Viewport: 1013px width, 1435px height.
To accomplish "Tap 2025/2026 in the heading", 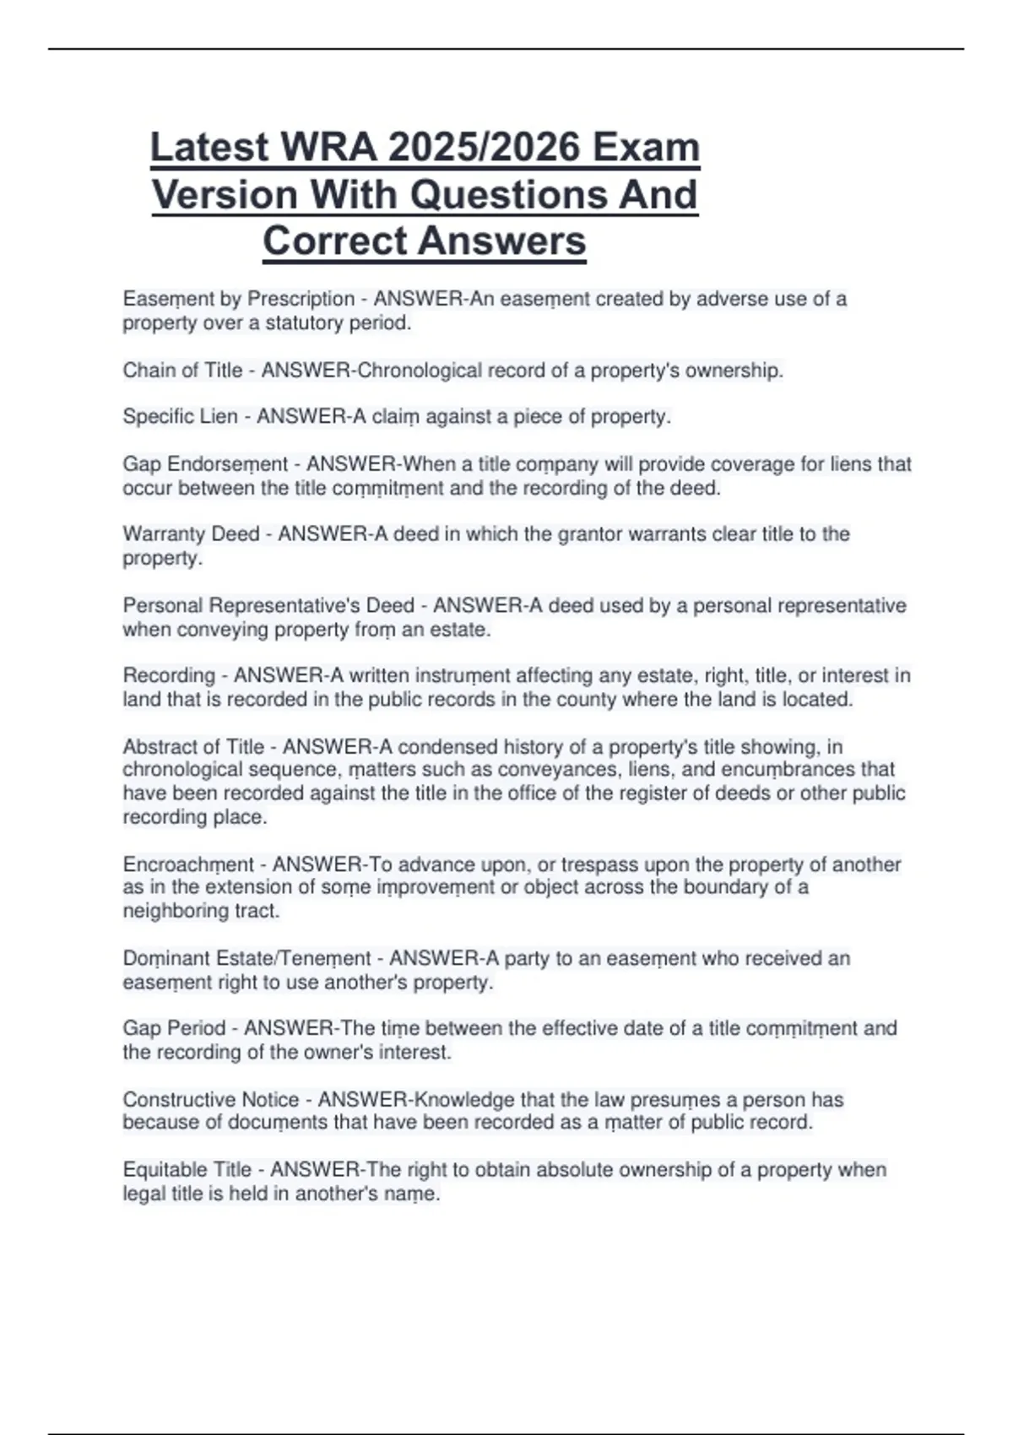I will (x=485, y=148).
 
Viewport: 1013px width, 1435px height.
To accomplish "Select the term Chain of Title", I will (x=182, y=371).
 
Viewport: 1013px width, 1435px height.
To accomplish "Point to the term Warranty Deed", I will (x=191, y=534).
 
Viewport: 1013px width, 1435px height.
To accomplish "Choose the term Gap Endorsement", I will (x=205, y=464).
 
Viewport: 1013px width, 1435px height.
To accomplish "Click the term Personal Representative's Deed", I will (x=268, y=606).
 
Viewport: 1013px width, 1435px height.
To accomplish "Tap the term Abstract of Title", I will (x=193, y=747).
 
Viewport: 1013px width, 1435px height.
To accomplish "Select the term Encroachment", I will (x=188, y=864).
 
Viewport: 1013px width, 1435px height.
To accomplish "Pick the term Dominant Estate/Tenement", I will (x=246, y=959).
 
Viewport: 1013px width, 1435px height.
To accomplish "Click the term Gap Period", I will (x=174, y=1029).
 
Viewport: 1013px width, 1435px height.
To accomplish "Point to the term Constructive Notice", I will (x=210, y=1100).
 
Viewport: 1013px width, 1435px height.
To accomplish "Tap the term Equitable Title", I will (x=187, y=1170).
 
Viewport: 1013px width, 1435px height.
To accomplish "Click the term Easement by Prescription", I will (x=238, y=299).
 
